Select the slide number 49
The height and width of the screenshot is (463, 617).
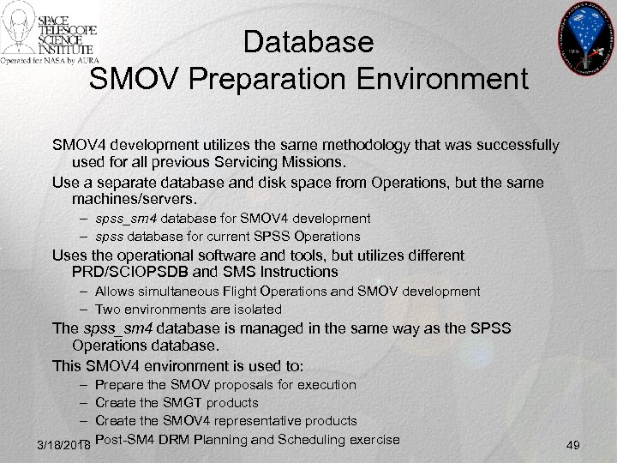click(x=574, y=446)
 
